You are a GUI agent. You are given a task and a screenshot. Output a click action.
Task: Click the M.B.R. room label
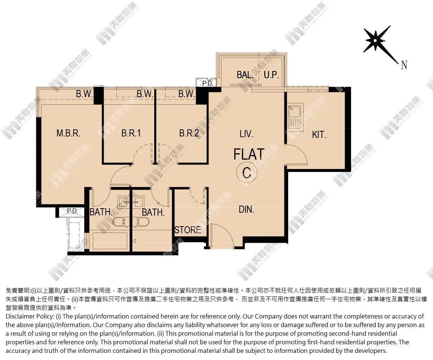tap(68, 133)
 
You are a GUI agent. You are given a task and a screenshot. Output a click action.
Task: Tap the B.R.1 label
tap(131, 133)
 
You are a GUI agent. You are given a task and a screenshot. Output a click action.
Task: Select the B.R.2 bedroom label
tap(189, 133)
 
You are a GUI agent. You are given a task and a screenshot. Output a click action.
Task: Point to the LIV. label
tap(246, 134)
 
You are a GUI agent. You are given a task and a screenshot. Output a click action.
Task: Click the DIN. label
tap(246, 210)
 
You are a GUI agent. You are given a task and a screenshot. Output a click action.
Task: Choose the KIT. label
tap(319, 135)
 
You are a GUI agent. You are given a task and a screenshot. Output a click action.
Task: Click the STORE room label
tap(188, 230)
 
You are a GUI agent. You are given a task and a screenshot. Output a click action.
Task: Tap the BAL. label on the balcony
tap(245, 75)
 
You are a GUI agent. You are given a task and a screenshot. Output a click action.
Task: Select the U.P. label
tap(271, 75)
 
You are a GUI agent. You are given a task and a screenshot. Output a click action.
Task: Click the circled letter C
tap(247, 173)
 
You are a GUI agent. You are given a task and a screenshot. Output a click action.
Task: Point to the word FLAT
tap(249, 154)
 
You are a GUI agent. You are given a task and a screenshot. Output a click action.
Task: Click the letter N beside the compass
tap(404, 65)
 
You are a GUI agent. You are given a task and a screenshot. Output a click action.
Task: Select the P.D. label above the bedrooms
tap(208, 83)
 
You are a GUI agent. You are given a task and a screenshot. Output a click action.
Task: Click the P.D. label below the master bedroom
tap(72, 211)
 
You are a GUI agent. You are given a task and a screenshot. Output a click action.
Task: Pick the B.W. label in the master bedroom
tap(85, 94)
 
